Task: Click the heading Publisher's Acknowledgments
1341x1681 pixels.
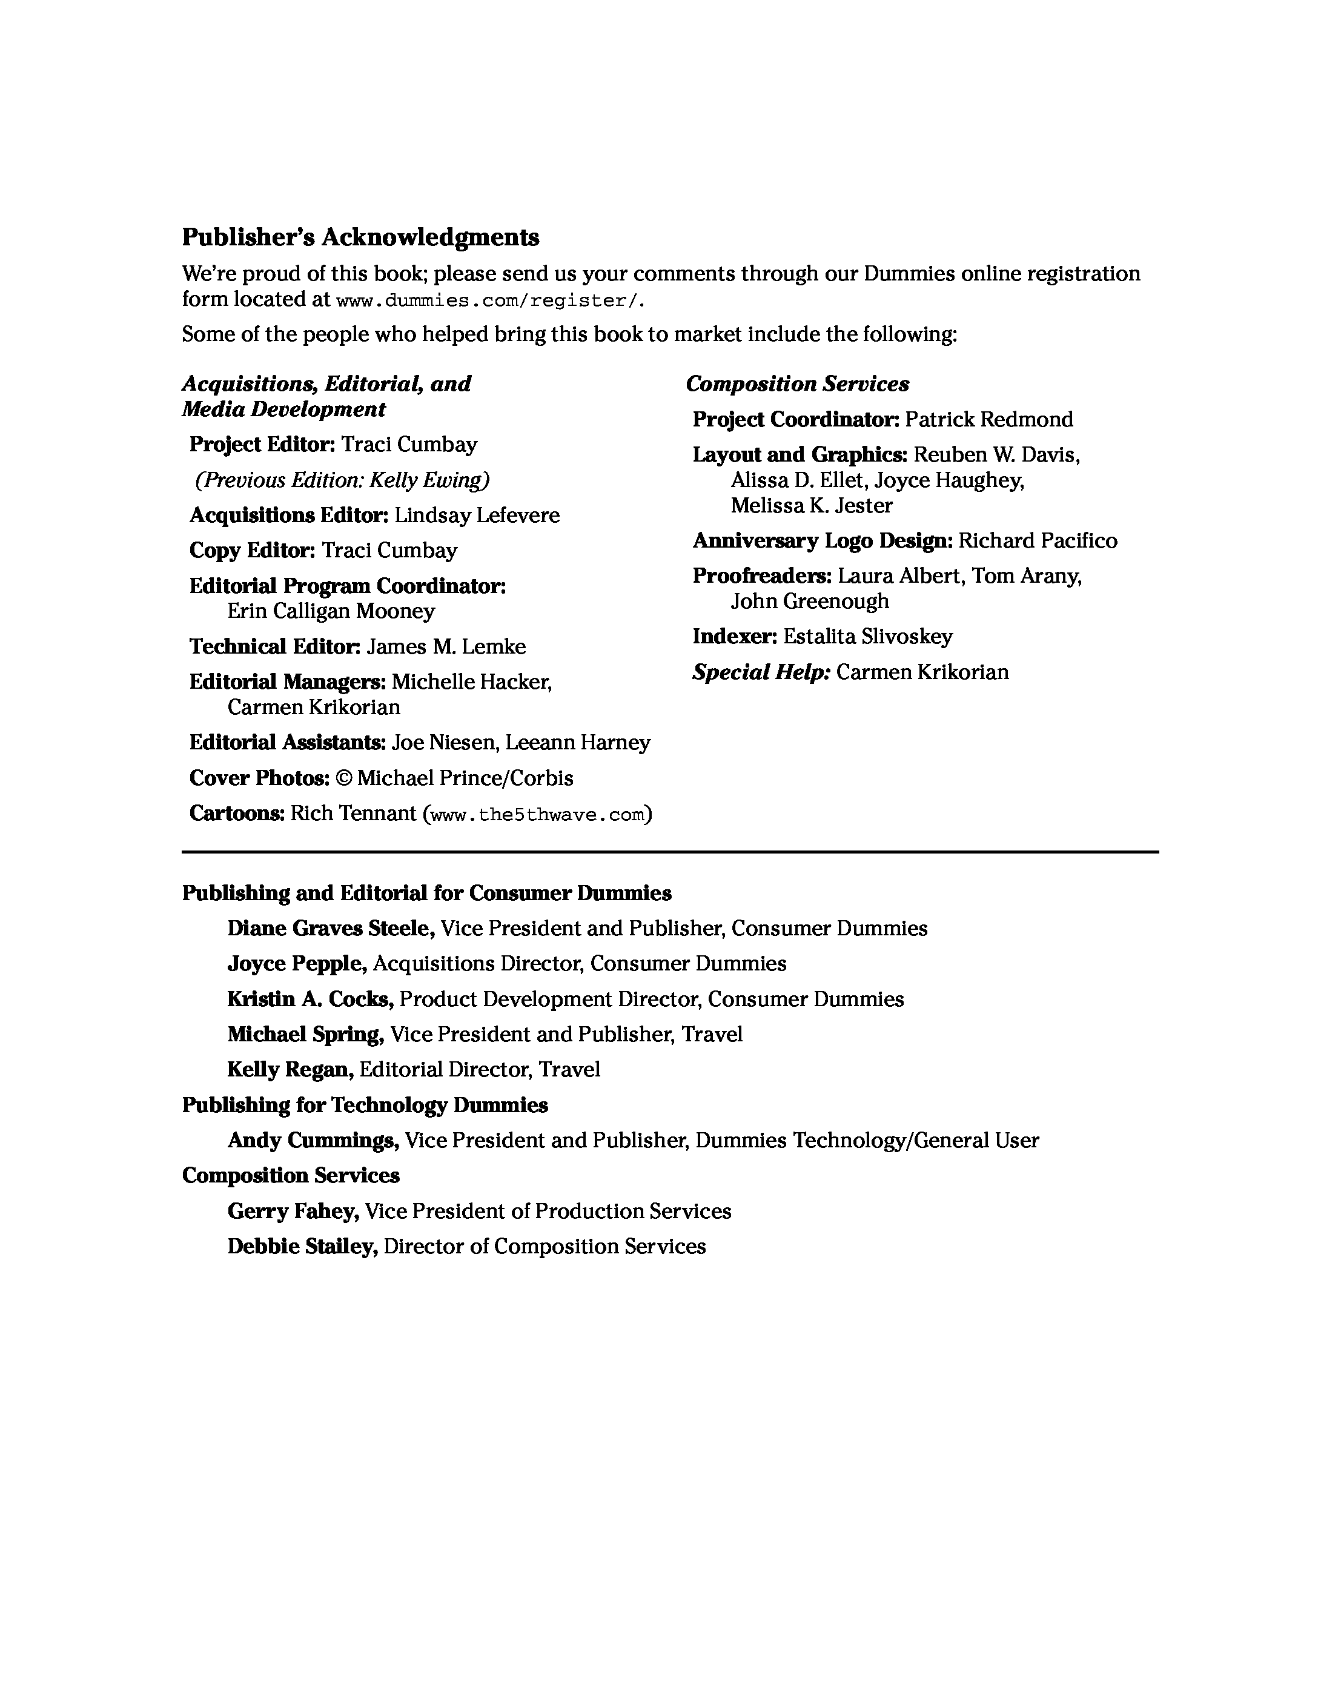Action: (360, 237)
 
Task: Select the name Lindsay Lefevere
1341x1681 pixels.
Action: (476, 516)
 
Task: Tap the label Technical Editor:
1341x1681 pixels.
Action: (274, 646)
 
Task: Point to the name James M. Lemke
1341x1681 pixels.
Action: (446, 646)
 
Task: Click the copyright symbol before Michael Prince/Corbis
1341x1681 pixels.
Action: (343, 778)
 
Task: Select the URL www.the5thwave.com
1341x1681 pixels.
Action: (537, 815)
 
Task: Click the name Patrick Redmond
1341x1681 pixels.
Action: (988, 419)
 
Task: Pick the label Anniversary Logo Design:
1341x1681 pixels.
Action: (823, 540)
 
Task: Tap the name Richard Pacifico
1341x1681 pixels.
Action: (1037, 540)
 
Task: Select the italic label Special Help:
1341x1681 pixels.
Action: (761, 672)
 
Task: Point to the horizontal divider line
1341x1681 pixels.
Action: (670, 852)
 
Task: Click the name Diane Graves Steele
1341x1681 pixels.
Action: (331, 928)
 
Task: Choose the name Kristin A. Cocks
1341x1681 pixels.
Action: (310, 999)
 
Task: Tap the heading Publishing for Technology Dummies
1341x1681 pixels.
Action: (365, 1105)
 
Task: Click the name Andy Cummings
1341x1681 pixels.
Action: (313, 1140)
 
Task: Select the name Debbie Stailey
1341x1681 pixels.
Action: (302, 1246)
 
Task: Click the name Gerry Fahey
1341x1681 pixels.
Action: (293, 1211)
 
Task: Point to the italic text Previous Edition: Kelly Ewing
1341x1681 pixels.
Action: (343, 480)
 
